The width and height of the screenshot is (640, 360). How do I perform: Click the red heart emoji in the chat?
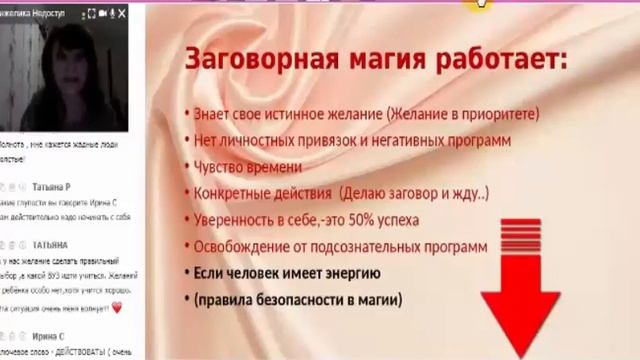click(x=117, y=308)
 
